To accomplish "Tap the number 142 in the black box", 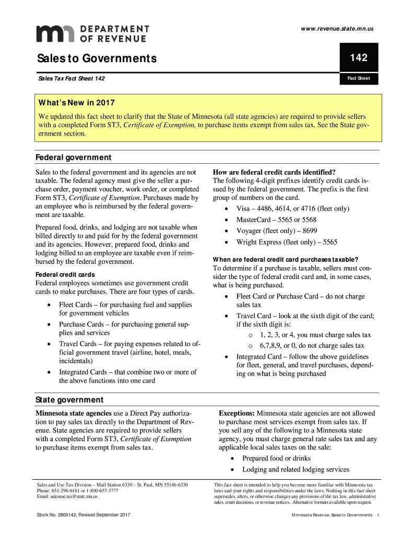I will tap(359, 58).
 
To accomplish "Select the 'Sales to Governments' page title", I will tap(96, 58).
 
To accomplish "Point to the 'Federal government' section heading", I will tap(73, 157).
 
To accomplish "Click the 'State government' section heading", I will tap(69, 400).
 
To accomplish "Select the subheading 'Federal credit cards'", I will tap(65, 274).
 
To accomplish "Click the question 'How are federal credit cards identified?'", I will tap(274, 173).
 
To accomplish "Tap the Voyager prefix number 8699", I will tap(309, 230).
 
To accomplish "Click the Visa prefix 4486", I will tap(272, 209).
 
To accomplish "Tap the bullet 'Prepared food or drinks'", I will tap(276, 458).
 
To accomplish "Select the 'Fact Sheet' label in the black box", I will tap(359, 79).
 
